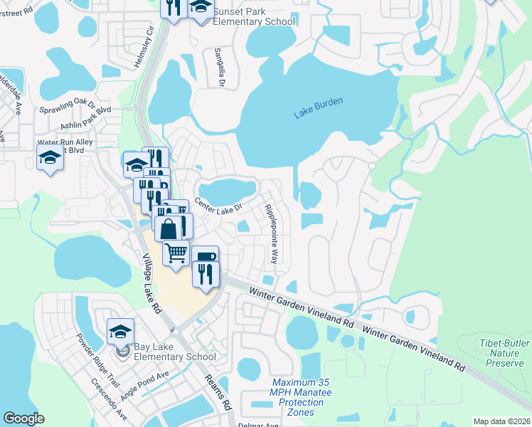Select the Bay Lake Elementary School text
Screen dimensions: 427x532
point(175,352)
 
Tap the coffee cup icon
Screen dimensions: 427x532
point(205,257)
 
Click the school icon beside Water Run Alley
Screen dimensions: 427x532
point(50,157)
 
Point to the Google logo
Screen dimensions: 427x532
point(24,418)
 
